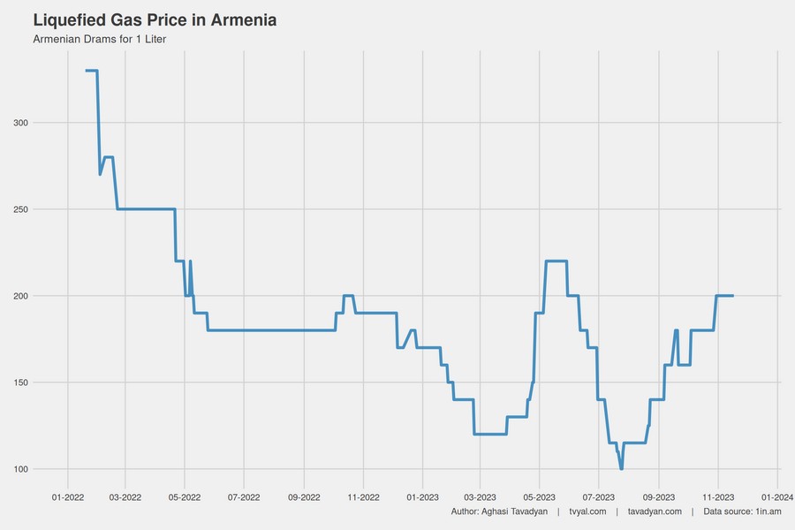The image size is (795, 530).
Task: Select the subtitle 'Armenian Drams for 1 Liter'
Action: coord(99,40)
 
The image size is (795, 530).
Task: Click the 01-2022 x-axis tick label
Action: coord(67,498)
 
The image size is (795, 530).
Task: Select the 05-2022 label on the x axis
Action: coord(185,498)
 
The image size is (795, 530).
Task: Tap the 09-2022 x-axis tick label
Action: coord(304,498)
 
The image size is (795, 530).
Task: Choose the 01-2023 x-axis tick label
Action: coord(422,498)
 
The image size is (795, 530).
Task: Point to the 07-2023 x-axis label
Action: coord(598,498)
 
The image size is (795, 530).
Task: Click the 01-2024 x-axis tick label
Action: coord(776,498)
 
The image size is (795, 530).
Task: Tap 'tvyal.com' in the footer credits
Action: coord(587,512)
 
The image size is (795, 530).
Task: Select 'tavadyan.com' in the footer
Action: coord(655,512)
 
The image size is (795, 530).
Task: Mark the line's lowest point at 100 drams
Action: coord(622,468)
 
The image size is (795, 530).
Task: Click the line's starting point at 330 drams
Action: coord(87,71)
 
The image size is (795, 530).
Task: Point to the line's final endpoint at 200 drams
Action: coord(733,296)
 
